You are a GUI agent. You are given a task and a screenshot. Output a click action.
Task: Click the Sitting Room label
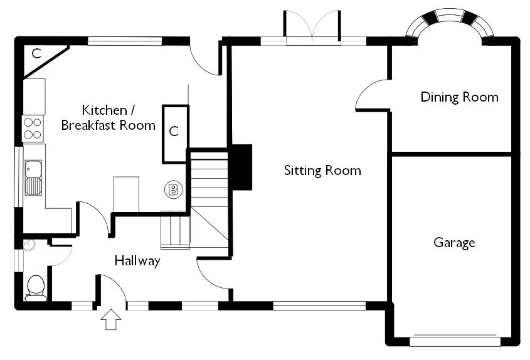point(322,170)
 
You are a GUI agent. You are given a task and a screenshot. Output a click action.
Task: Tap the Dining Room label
point(459,97)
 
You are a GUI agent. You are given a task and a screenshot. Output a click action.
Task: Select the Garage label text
point(454,243)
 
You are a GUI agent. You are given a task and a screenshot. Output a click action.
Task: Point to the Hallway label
point(137,261)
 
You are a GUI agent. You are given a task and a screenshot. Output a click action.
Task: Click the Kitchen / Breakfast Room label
point(109,118)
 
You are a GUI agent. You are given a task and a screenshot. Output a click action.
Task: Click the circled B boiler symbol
point(171,188)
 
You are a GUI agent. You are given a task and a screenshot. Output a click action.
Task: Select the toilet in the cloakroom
point(36,289)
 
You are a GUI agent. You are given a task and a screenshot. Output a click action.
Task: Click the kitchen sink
point(33,177)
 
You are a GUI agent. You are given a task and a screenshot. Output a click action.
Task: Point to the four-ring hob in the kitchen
point(33,129)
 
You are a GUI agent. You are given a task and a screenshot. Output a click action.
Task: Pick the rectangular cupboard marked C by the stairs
point(175,132)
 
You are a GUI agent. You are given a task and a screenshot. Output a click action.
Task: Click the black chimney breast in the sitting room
point(241,167)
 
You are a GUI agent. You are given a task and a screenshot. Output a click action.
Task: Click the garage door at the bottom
point(454,341)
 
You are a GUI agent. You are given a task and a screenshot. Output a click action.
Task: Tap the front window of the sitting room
point(319,306)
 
